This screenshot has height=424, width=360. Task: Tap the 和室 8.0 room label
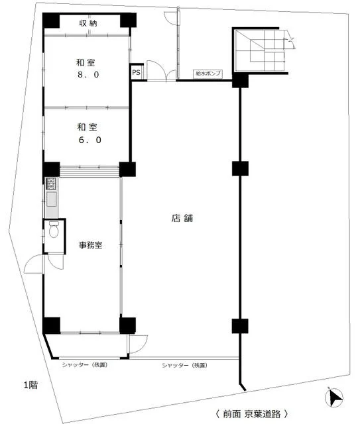[x=86, y=69]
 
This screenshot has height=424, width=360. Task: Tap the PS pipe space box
[x=136, y=73]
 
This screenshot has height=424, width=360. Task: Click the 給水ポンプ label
[x=208, y=74]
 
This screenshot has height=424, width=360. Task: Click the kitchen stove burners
[x=52, y=184]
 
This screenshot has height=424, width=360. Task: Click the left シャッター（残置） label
[x=86, y=365]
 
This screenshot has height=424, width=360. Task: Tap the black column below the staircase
[x=240, y=81]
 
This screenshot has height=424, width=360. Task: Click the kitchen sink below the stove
[x=52, y=200]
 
